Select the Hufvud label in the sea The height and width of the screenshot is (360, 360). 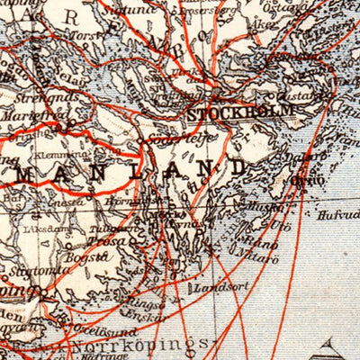point(337,214)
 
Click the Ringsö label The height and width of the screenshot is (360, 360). point(145,304)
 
